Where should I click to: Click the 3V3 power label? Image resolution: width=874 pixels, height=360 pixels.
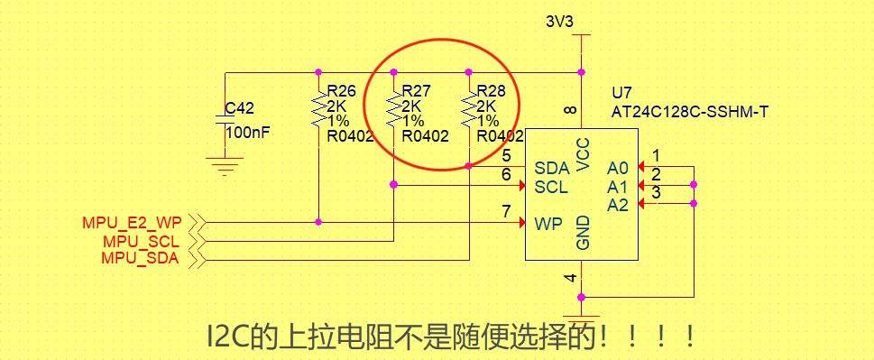click(x=559, y=22)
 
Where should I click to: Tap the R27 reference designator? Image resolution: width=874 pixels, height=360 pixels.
click(x=416, y=91)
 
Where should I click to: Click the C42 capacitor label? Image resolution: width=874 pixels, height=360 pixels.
click(x=239, y=108)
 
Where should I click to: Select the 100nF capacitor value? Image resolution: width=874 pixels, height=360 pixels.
click(x=247, y=133)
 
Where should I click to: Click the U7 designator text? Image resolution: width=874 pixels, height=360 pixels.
click(x=621, y=93)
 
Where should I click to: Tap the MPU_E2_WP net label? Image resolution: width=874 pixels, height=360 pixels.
click(x=132, y=222)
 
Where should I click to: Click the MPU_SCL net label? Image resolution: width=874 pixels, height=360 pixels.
click(x=141, y=241)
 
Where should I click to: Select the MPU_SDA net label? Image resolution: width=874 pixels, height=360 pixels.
click(x=141, y=260)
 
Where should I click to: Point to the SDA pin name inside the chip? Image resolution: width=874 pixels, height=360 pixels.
click(x=552, y=168)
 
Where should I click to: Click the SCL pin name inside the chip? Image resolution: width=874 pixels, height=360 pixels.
click(x=551, y=187)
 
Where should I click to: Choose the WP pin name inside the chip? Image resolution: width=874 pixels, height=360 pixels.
click(x=548, y=223)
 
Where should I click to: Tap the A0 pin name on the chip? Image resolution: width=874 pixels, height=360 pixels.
click(x=617, y=168)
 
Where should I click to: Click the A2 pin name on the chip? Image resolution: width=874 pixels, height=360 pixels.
click(x=617, y=206)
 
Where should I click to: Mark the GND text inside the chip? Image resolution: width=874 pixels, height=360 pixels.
click(x=583, y=233)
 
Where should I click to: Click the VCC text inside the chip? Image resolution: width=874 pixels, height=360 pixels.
click(x=583, y=154)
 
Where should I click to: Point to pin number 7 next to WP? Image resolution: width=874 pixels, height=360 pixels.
click(x=507, y=211)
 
